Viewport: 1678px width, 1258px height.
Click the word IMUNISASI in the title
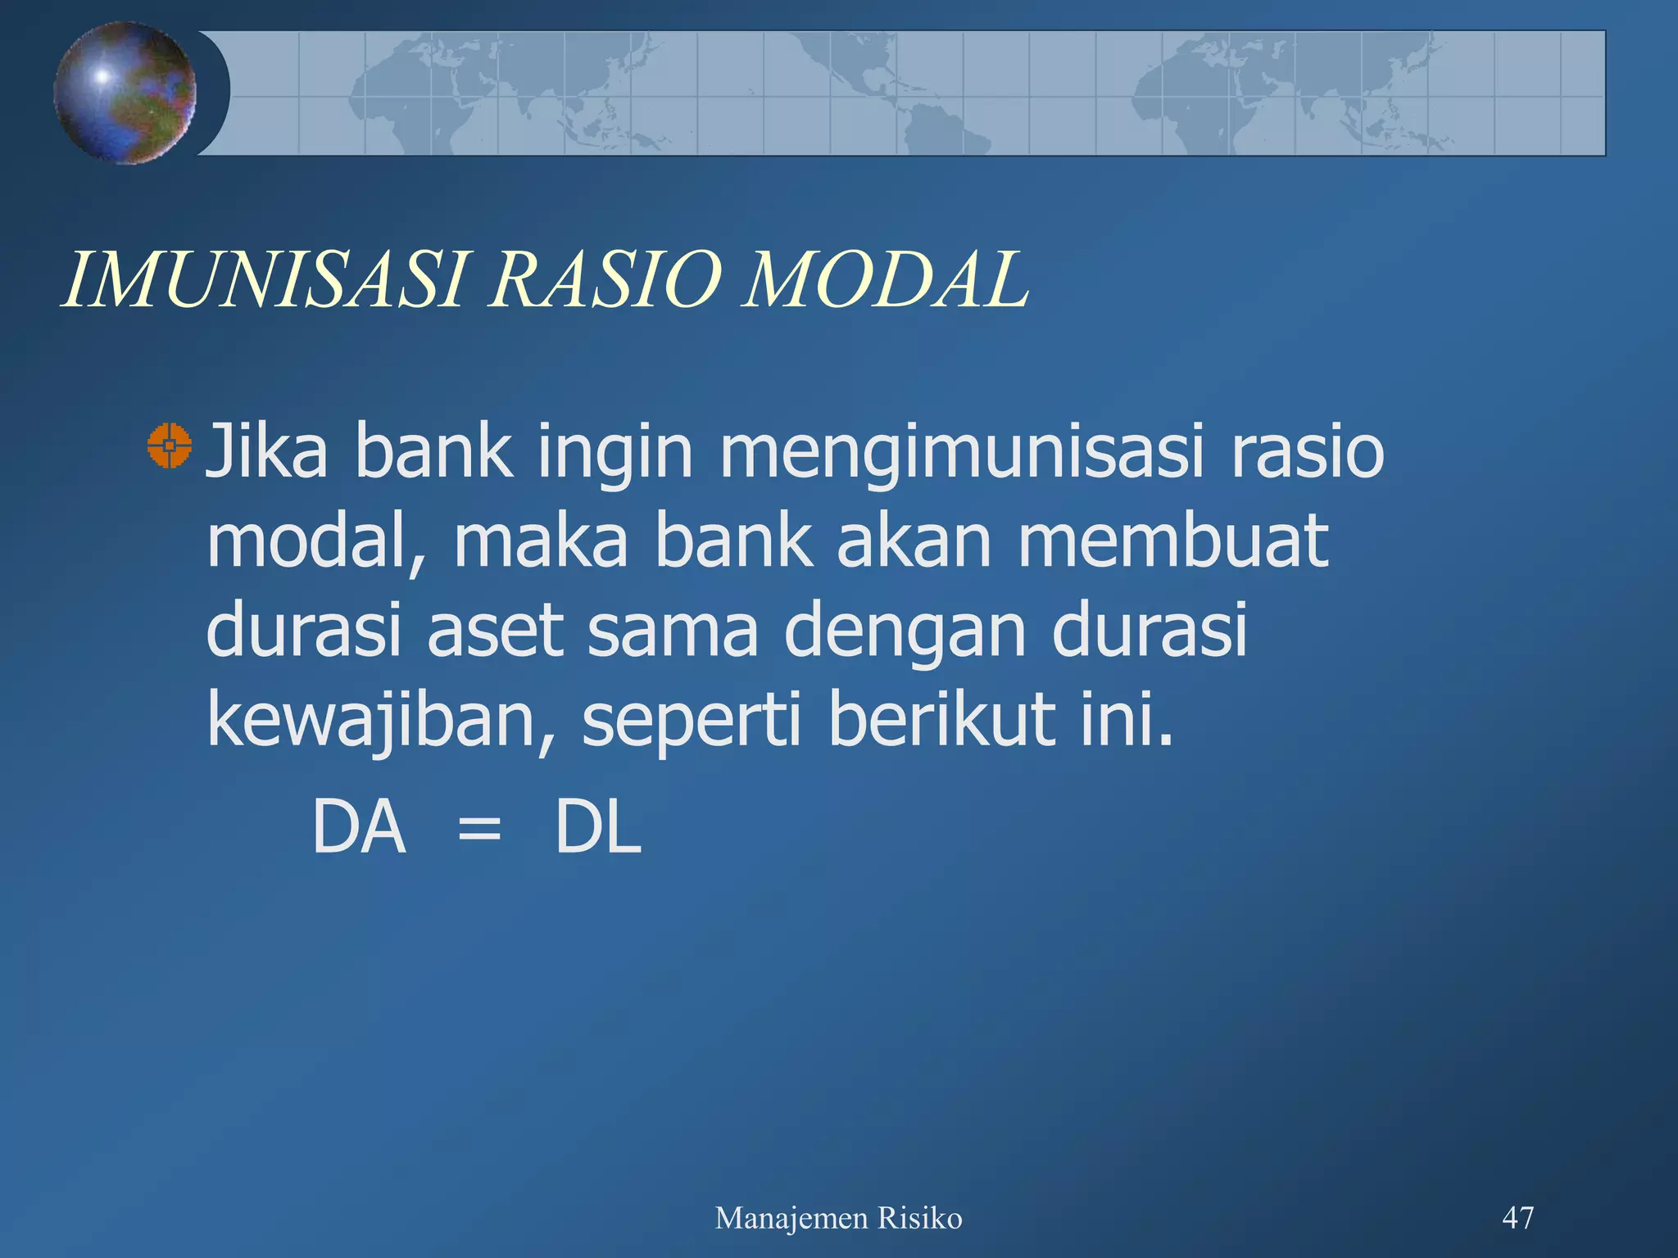[x=266, y=280]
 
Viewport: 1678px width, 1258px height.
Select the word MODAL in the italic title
[x=885, y=280]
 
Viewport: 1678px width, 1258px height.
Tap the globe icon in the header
[x=125, y=93]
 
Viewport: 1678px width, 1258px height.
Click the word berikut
[x=942, y=718]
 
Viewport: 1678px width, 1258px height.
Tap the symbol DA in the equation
[x=359, y=828]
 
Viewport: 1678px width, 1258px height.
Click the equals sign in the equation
[x=478, y=830]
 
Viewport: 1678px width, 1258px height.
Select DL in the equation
[x=597, y=828]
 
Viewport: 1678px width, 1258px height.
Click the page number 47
[x=1517, y=1218]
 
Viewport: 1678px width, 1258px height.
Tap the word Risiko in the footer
[x=919, y=1218]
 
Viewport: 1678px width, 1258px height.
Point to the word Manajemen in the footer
[x=791, y=1219]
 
